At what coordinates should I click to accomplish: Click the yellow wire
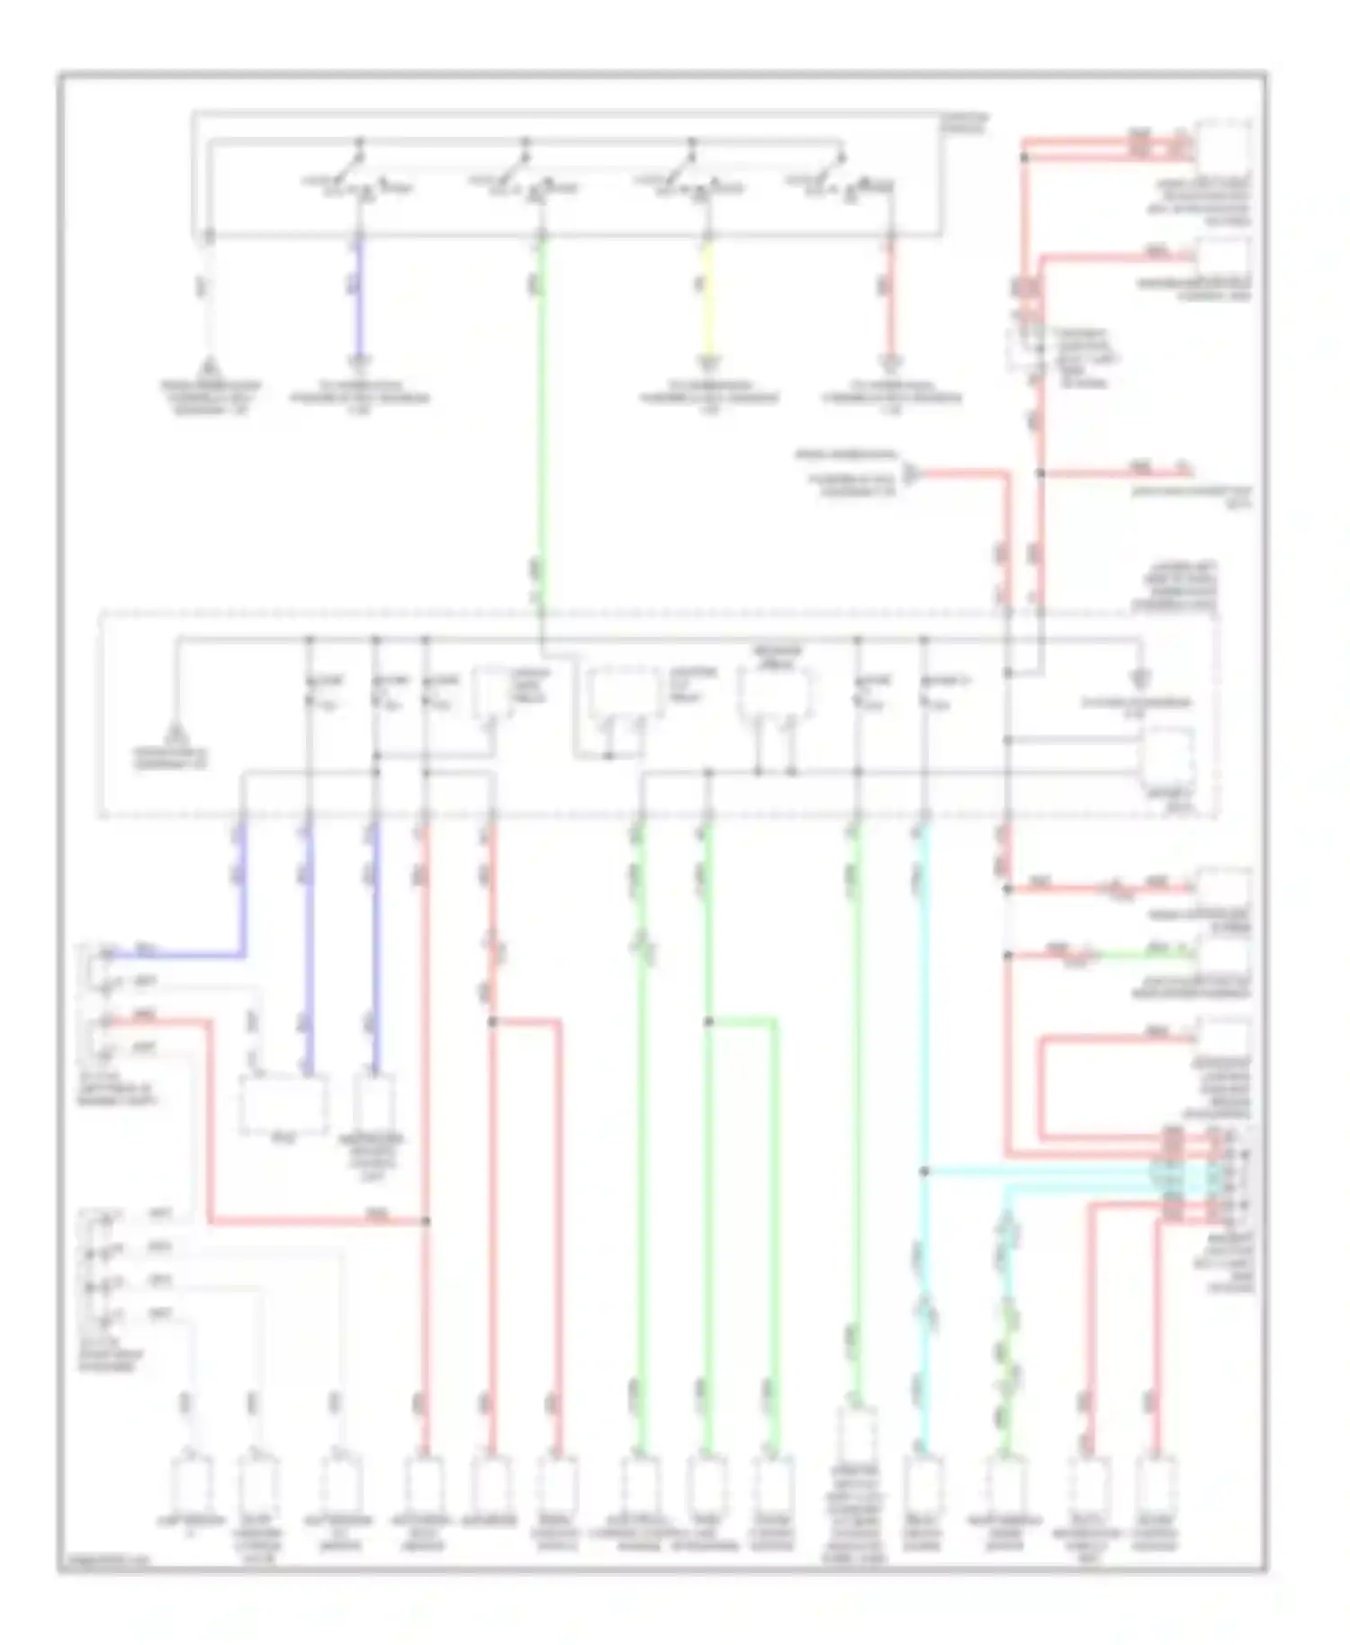[x=707, y=297]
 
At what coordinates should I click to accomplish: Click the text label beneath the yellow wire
[x=709, y=397]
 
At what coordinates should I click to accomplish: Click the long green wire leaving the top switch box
[x=540, y=405]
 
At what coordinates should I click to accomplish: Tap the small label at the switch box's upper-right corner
[x=965, y=121]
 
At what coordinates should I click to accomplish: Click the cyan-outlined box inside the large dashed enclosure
[x=1167, y=756]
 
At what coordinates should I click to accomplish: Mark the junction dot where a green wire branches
[x=708, y=1021]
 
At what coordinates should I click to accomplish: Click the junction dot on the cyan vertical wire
[x=924, y=1171]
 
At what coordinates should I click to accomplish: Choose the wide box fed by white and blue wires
[x=283, y=1104]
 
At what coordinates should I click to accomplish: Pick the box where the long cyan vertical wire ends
[x=924, y=1485]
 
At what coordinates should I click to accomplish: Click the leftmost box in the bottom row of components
[x=191, y=1485]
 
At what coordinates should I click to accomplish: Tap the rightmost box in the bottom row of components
[x=1155, y=1485]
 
